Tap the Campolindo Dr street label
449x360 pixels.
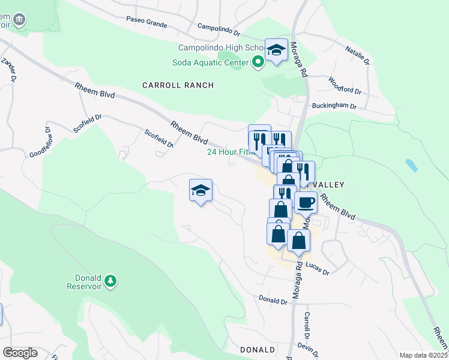click(x=219, y=28)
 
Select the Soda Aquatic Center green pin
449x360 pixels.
click(x=259, y=62)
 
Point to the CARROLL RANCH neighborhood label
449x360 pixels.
click(x=178, y=85)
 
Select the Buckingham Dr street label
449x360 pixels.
click(x=334, y=106)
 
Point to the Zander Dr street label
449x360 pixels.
click(x=9, y=70)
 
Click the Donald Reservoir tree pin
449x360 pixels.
click(x=110, y=281)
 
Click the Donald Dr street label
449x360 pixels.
click(x=270, y=298)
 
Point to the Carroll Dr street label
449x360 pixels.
click(x=307, y=324)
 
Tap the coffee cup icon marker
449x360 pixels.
click(x=306, y=202)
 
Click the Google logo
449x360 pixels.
click(x=20, y=352)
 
